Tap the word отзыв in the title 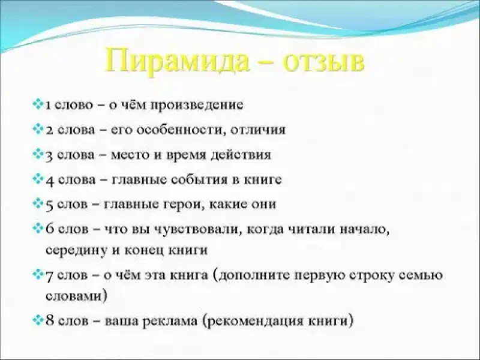(323, 62)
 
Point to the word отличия (258, 130)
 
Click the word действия (241, 155)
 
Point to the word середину (77, 250)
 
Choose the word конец (144, 251)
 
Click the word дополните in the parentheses (253, 275)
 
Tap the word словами (74, 296)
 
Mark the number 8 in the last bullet (50, 320)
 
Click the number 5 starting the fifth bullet (50, 205)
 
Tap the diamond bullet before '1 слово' (38, 104)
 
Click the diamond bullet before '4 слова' (38, 179)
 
